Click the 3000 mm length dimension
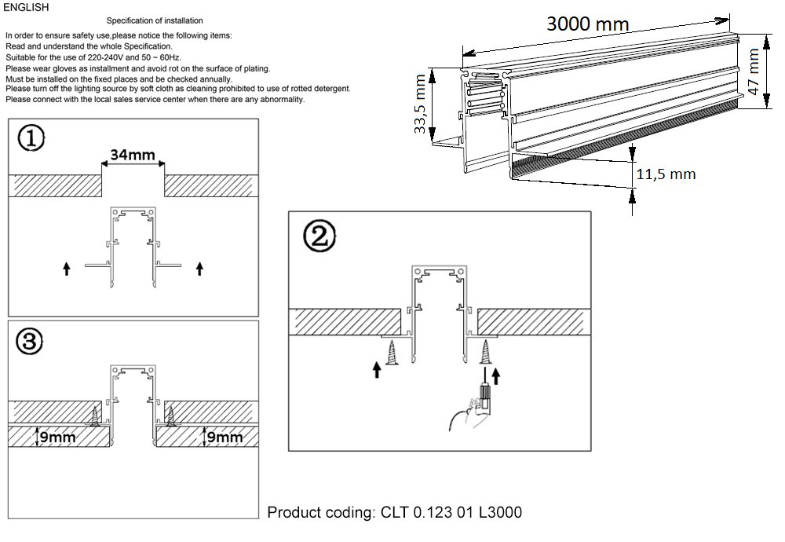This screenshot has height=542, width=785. click(x=587, y=24)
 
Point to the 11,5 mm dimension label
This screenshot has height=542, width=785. click(x=665, y=174)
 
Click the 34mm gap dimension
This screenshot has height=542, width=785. click(x=132, y=155)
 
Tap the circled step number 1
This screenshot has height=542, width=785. click(x=31, y=139)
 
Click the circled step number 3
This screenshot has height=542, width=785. click(x=30, y=341)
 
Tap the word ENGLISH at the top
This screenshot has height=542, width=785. click(x=27, y=7)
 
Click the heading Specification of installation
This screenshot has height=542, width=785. click(x=154, y=20)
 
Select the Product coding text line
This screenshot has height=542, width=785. click(x=394, y=513)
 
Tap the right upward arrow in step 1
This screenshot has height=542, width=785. click(x=199, y=269)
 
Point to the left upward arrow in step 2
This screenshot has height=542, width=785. click(x=378, y=368)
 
